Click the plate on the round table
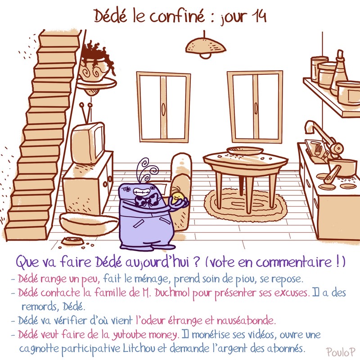(x=245, y=151)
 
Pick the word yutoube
(x=130, y=335)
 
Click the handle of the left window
(x=163, y=108)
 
